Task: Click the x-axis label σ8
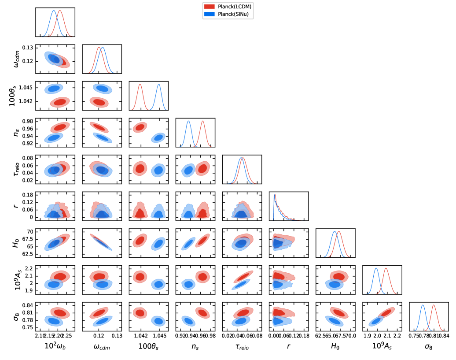coord(429,347)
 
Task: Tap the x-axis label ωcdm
coord(102,347)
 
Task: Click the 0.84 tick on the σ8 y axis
coord(27,305)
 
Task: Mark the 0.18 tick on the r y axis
coord(27,194)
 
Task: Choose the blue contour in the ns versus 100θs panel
coord(158,138)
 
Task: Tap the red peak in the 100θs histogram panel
coord(140,85)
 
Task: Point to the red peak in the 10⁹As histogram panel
coord(386,269)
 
